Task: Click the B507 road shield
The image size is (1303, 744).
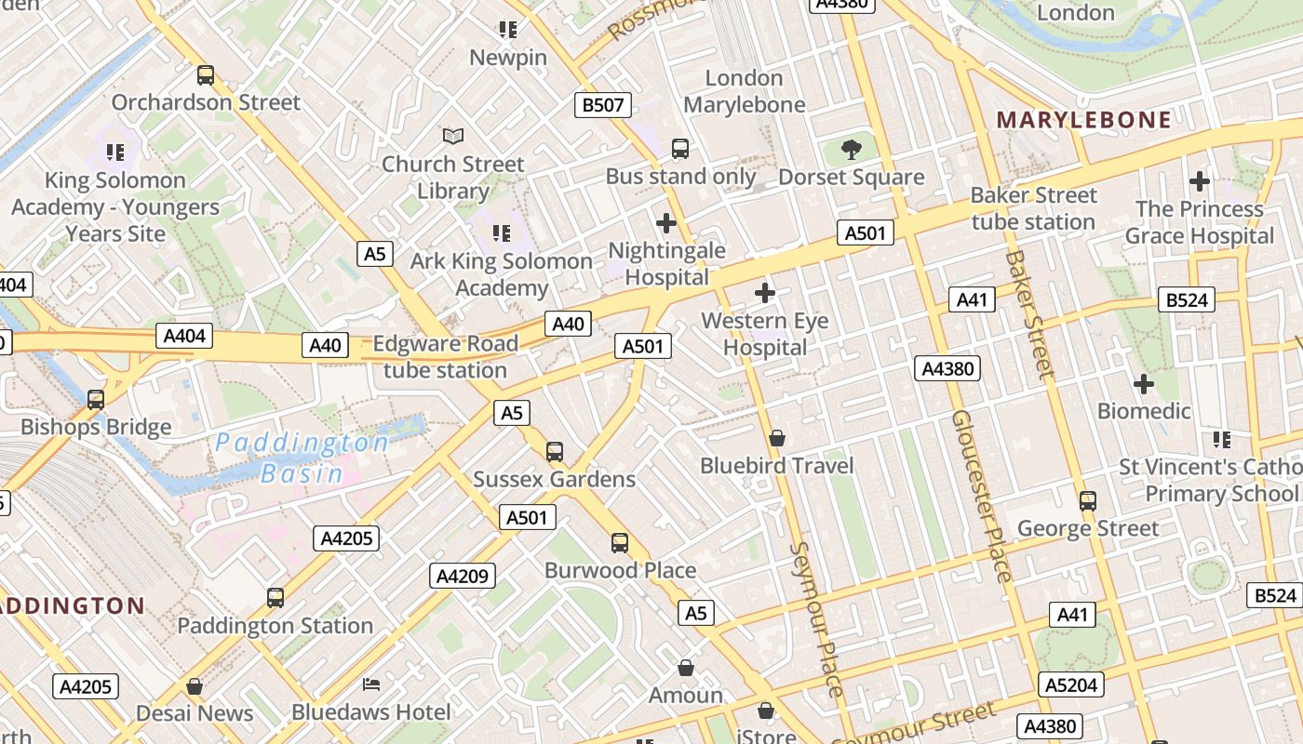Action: [602, 105]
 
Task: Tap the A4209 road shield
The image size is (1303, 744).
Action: [463, 576]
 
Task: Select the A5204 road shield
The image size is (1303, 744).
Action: [1071, 685]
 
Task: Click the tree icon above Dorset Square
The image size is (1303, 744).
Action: [851, 149]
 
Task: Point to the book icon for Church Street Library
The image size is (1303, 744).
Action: [453, 137]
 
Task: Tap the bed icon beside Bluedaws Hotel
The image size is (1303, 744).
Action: [371, 684]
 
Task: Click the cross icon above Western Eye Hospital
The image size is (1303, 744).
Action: [765, 293]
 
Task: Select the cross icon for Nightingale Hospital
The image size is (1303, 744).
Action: [666, 223]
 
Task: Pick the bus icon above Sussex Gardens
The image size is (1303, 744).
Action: [555, 452]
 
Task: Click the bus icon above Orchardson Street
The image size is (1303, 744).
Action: [206, 75]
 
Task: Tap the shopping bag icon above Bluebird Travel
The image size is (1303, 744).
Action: [777, 437]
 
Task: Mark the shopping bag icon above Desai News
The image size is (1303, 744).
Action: [195, 686]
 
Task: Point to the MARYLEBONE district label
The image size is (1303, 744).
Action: [1084, 119]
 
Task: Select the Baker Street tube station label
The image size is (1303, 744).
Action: [1033, 208]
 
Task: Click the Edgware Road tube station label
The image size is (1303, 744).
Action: [445, 357]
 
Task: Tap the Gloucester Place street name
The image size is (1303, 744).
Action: [981, 496]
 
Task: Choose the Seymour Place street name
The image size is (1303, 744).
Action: [816, 618]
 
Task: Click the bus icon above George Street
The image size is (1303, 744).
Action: [1088, 501]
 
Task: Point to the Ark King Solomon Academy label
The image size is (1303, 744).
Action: [502, 274]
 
